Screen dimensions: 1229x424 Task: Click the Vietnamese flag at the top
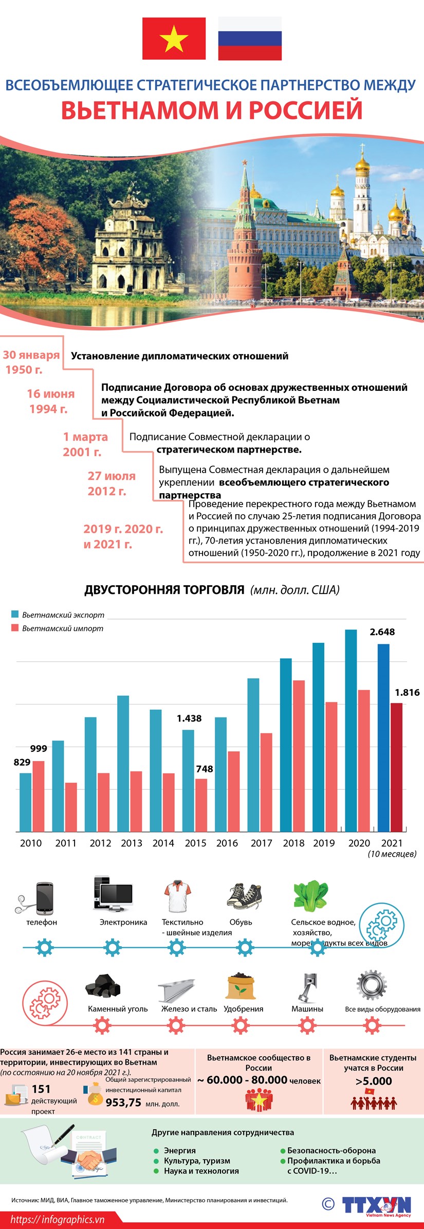point(174,39)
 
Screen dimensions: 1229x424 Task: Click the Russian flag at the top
point(250,39)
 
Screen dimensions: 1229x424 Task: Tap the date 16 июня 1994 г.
point(50,401)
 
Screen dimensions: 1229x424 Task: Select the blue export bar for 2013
point(123,763)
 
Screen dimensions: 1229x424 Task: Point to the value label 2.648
point(382,632)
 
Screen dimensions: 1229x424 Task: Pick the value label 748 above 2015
point(204,769)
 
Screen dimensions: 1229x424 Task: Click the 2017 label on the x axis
point(261,843)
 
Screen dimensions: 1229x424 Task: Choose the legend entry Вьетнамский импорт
point(62,628)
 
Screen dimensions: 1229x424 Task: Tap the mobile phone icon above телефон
point(44,898)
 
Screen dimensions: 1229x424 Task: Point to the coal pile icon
point(103,985)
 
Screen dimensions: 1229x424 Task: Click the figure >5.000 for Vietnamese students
point(374,1081)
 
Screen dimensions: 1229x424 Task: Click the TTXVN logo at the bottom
point(377,1205)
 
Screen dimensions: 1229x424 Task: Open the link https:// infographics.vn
point(57,1219)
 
